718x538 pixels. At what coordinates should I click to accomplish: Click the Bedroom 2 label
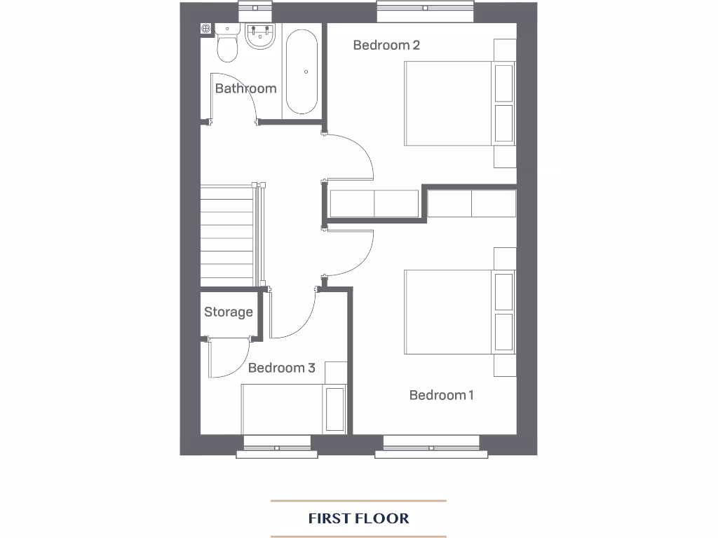coord(386,46)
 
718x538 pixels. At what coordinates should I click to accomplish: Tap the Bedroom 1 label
coord(441,395)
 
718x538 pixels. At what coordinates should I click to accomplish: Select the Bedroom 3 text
coord(281,368)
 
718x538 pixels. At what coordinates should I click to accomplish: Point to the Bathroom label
coord(245,88)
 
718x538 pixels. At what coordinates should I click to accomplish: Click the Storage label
coord(228,312)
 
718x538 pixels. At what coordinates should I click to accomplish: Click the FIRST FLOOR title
coord(358,518)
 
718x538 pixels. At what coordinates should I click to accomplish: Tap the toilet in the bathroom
coord(226,46)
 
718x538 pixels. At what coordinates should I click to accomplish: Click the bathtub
coord(300,71)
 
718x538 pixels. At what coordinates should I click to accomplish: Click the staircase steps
coord(226,235)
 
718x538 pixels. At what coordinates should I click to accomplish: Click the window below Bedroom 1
coord(431,446)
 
